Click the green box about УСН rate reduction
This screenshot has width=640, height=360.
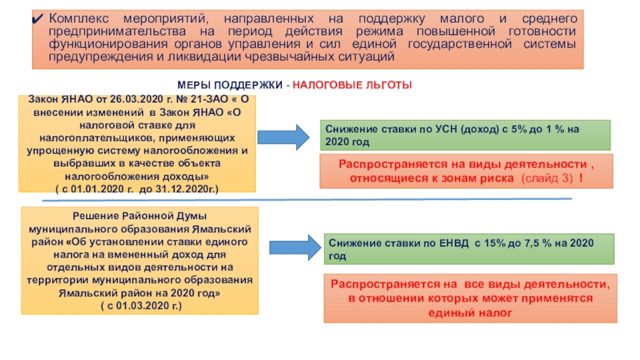tap(466, 134)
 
